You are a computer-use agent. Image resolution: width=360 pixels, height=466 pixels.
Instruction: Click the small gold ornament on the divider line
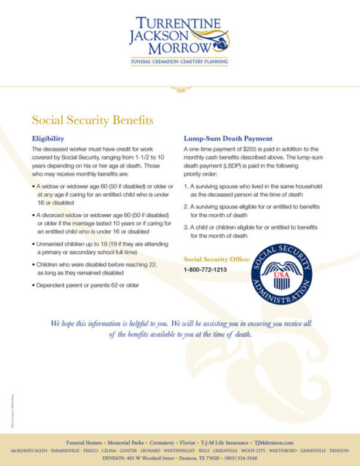click(x=179, y=90)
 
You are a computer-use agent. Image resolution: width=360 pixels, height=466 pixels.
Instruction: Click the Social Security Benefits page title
click(x=92, y=119)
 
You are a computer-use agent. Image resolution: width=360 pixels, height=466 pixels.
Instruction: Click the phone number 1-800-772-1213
click(x=205, y=269)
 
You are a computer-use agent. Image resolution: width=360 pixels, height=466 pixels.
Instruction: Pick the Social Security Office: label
click(x=216, y=258)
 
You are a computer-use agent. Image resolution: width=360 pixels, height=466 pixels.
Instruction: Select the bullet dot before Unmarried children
click(x=35, y=242)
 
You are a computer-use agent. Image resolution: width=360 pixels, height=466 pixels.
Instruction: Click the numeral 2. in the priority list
click(x=187, y=207)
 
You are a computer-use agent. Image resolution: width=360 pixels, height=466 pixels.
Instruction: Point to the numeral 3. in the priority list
click(x=187, y=227)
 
